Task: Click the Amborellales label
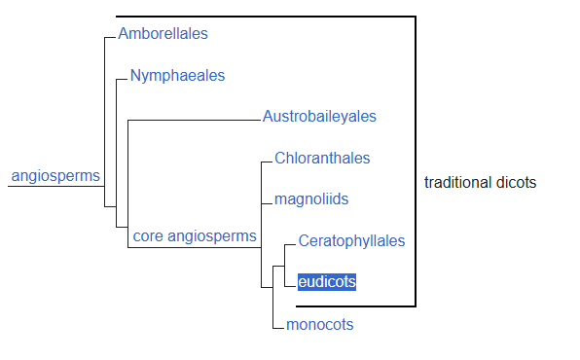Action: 163,34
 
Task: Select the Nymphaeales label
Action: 177,76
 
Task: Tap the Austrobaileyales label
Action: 319,117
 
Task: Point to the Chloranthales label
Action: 322,159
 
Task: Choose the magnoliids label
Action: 311,199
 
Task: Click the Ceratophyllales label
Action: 351,241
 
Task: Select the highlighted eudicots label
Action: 327,282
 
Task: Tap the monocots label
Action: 320,324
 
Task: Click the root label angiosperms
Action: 55,176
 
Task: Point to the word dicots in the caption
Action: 516,182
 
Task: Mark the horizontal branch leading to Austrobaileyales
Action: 195,121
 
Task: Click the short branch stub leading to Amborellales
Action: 110,37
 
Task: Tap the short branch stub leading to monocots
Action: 278,328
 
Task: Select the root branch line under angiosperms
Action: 56,186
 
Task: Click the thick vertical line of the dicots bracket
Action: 416,162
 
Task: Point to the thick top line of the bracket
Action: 266,17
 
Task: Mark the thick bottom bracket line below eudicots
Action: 356,306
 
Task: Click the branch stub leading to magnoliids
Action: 267,203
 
